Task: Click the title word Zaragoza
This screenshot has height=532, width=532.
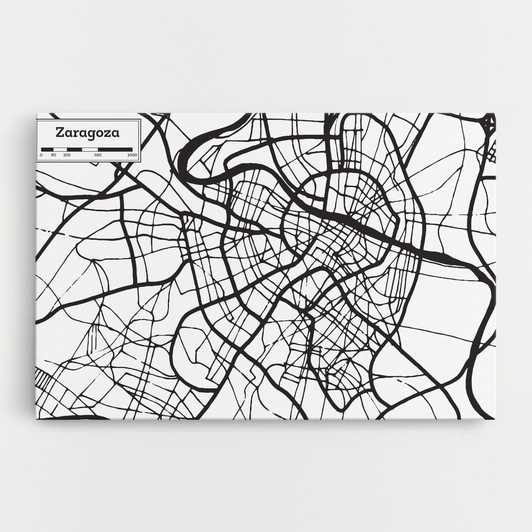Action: pos(87,133)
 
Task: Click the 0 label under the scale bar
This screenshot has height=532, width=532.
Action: pos(41,155)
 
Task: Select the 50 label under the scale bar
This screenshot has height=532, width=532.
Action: pos(53,155)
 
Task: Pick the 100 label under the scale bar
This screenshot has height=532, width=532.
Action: pos(67,155)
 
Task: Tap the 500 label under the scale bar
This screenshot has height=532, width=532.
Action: pos(98,155)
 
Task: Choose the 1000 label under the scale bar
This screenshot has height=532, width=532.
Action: pos(132,155)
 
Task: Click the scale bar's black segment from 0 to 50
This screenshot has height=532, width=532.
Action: pos(47,149)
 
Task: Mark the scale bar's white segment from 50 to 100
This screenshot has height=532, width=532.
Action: pos(60,149)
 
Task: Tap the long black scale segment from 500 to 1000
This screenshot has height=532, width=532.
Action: pos(115,149)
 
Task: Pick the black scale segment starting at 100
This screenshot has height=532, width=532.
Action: pos(74,149)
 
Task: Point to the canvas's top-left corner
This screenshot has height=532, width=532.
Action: pos(37,113)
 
